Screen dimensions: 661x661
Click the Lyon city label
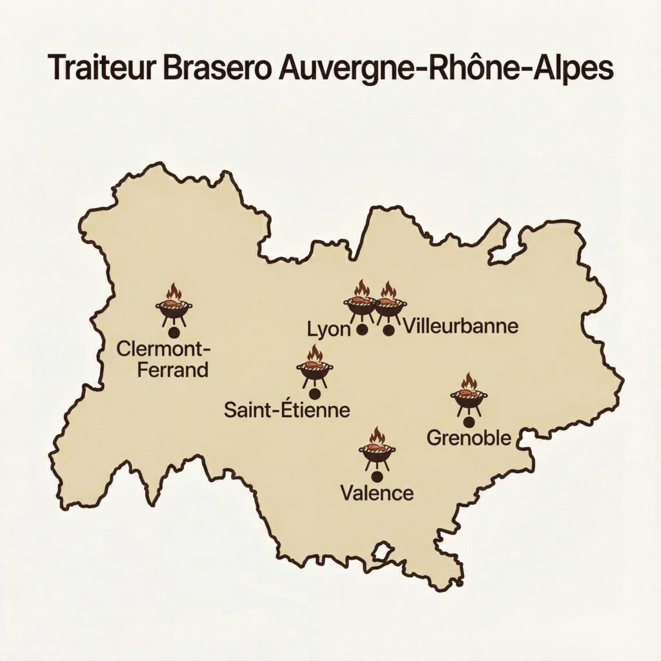327,329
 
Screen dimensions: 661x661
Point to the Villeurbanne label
460,327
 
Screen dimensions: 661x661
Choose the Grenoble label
469,438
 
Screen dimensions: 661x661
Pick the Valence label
376,494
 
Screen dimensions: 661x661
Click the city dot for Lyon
362,330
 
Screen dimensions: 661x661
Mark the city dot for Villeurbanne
388,330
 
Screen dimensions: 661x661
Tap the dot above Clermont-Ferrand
173,332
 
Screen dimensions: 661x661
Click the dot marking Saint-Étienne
314,392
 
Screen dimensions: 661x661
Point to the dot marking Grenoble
469,422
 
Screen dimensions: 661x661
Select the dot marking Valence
376,476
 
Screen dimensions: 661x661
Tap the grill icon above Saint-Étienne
314,367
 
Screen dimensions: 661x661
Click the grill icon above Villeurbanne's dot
389,301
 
